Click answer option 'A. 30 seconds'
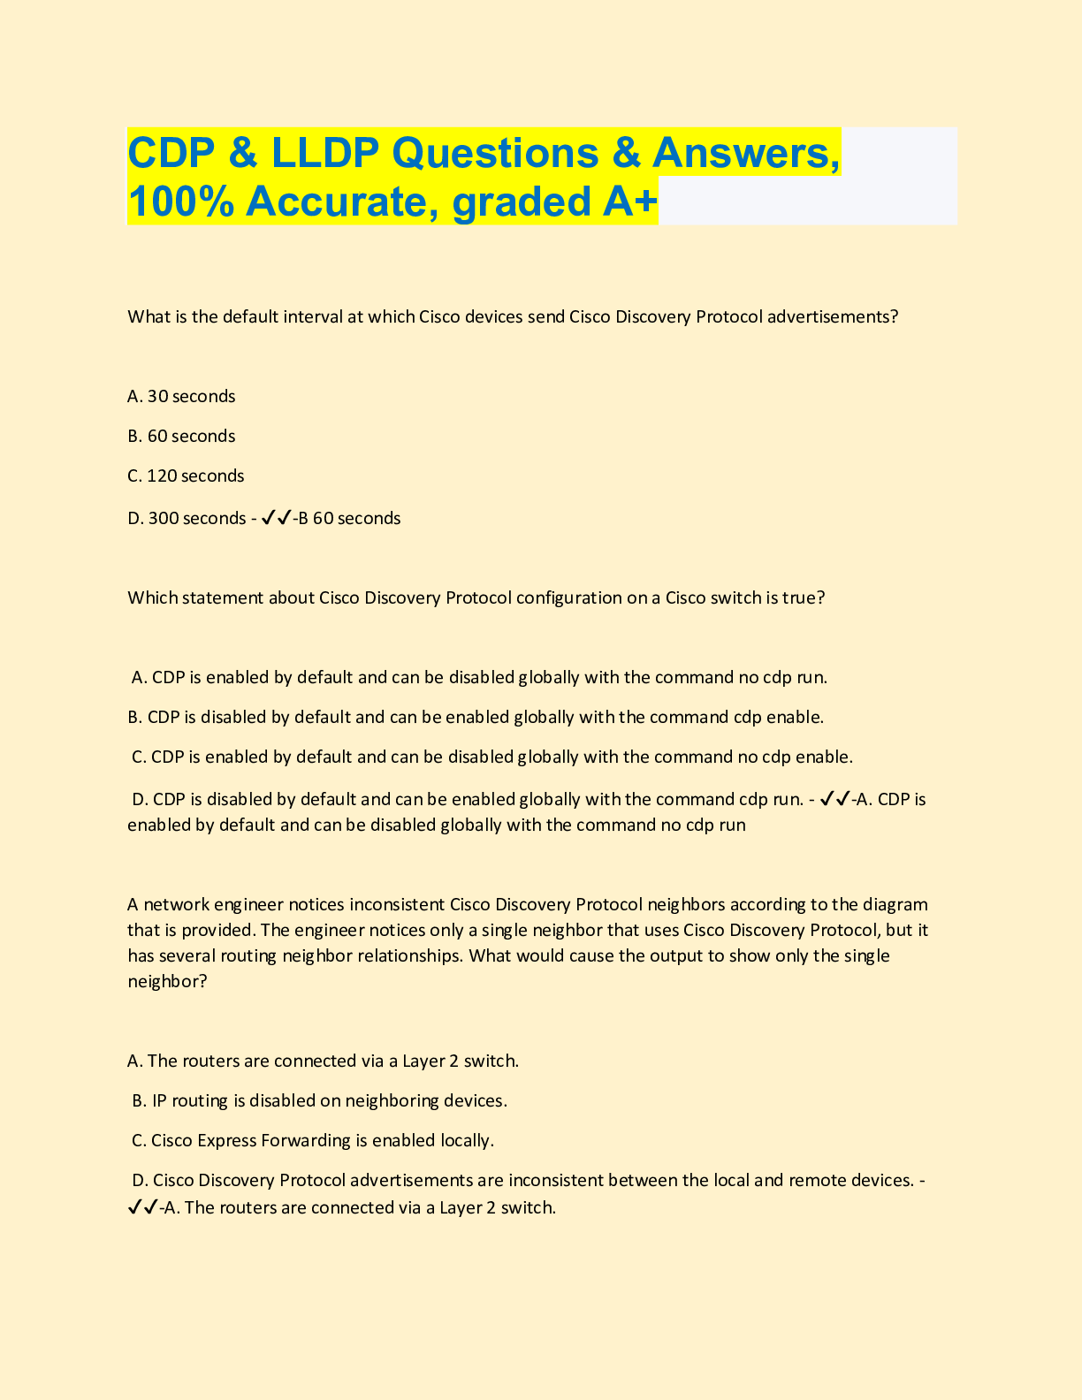[x=181, y=396]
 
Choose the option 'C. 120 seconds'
[x=186, y=476]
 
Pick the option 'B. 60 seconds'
[x=181, y=436]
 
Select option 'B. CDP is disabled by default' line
[x=476, y=717]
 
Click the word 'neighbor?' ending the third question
[x=167, y=981]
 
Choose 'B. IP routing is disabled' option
[x=319, y=1100]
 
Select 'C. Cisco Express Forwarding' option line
[x=312, y=1140]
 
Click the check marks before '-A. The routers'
[x=143, y=1207]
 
